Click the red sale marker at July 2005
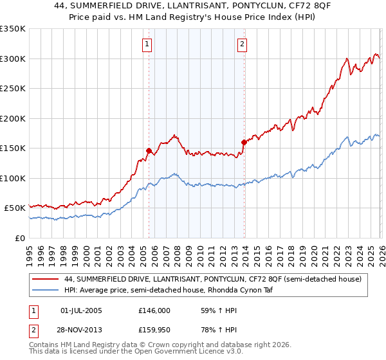pyautogui.click(x=149, y=151)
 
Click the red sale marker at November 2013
pyautogui.click(x=244, y=143)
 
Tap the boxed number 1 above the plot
pyautogui.click(x=147, y=44)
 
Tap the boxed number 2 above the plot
pyautogui.click(x=242, y=44)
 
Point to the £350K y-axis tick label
pyautogui.click(x=13, y=29)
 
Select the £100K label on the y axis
pyautogui.click(x=13, y=179)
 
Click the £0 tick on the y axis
pyautogui.click(x=19, y=239)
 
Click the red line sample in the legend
pyautogui.click(x=46, y=279)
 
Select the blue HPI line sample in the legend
pyautogui.click(x=46, y=290)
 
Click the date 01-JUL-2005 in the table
pyautogui.click(x=81, y=310)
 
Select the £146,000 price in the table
pyautogui.click(x=154, y=310)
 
